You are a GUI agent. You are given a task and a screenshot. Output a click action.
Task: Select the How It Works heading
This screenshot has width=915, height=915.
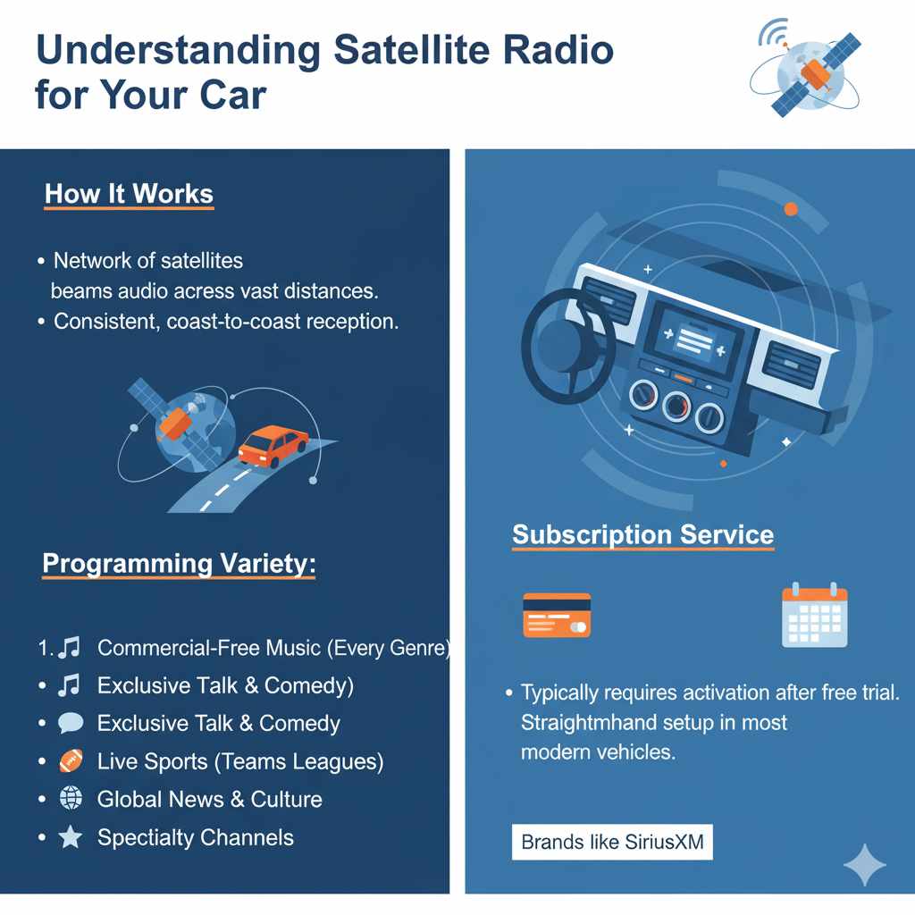(129, 194)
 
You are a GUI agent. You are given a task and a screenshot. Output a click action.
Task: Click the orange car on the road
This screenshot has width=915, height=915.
(273, 444)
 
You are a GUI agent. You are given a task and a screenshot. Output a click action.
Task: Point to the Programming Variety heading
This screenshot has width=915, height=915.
(179, 564)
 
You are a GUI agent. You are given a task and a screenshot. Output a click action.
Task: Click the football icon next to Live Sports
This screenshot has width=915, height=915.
(70, 761)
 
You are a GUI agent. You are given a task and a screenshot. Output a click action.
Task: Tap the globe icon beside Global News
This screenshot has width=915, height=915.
(70, 799)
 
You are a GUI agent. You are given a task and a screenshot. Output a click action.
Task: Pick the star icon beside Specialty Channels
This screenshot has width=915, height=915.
(70, 837)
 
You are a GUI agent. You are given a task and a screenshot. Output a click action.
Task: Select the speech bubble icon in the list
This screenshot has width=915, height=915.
(70, 723)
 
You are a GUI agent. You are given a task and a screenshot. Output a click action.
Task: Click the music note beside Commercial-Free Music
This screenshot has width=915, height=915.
(70, 648)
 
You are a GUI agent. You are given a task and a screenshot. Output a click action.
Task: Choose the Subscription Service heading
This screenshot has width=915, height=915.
(642, 534)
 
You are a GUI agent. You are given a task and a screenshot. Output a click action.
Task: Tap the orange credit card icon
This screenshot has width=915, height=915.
(556, 615)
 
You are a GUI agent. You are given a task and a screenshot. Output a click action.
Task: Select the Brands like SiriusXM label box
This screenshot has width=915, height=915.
(612, 843)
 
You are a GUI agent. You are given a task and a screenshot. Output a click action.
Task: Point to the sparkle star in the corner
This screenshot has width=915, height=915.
(865, 864)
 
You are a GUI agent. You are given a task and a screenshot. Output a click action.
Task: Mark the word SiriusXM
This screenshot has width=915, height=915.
(662, 843)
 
